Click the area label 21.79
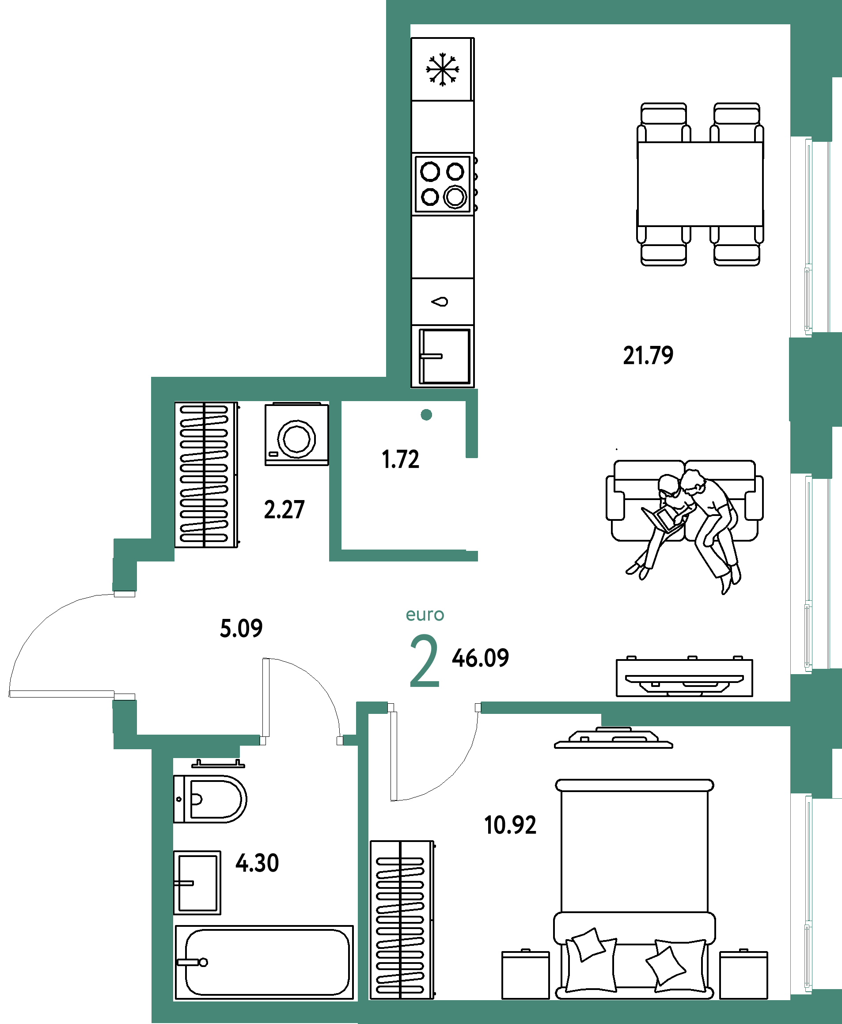(x=648, y=356)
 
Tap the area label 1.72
(x=401, y=459)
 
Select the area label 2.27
(x=284, y=510)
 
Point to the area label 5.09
(x=241, y=628)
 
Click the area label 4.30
(x=257, y=863)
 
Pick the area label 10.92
(x=510, y=825)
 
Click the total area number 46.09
(x=480, y=658)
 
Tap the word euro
(x=425, y=615)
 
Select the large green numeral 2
(x=424, y=662)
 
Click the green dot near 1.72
(x=426, y=415)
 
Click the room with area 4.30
(x=262, y=922)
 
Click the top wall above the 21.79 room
(x=596, y=12)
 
